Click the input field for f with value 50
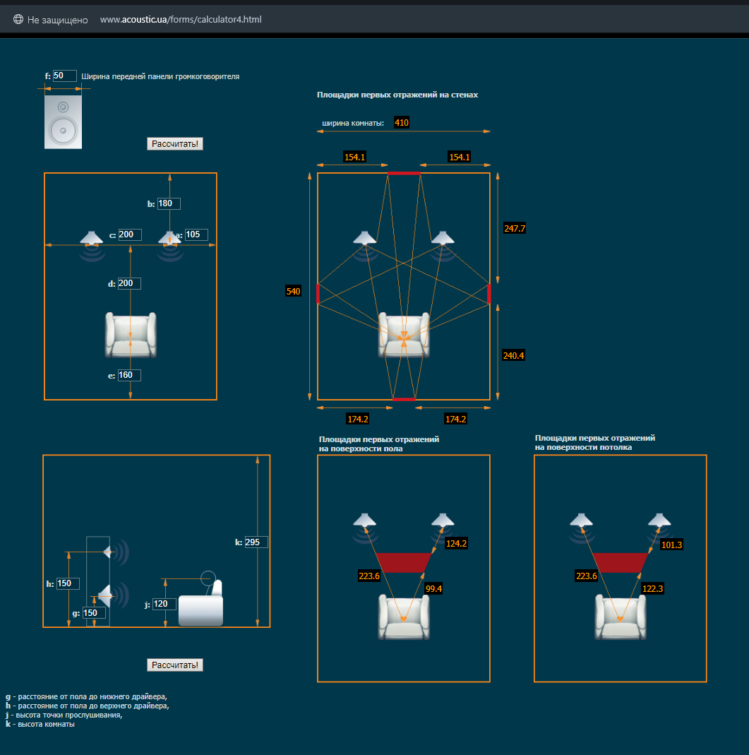click(64, 76)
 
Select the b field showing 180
click(169, 203)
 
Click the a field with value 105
click(196, 234)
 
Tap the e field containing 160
click(129, 375)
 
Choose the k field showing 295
click(256, 542)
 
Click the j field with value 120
click(164, 604)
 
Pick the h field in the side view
click(68, 583)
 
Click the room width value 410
click(402, 122)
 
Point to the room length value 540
click(293, 291)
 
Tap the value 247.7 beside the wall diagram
click(515, 228)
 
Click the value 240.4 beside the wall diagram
click(513, 355)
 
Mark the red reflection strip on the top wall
click(404, 173)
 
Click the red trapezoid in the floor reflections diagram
click(404, 562)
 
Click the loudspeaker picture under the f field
click(63, 122)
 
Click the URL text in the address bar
click(181, 20)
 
